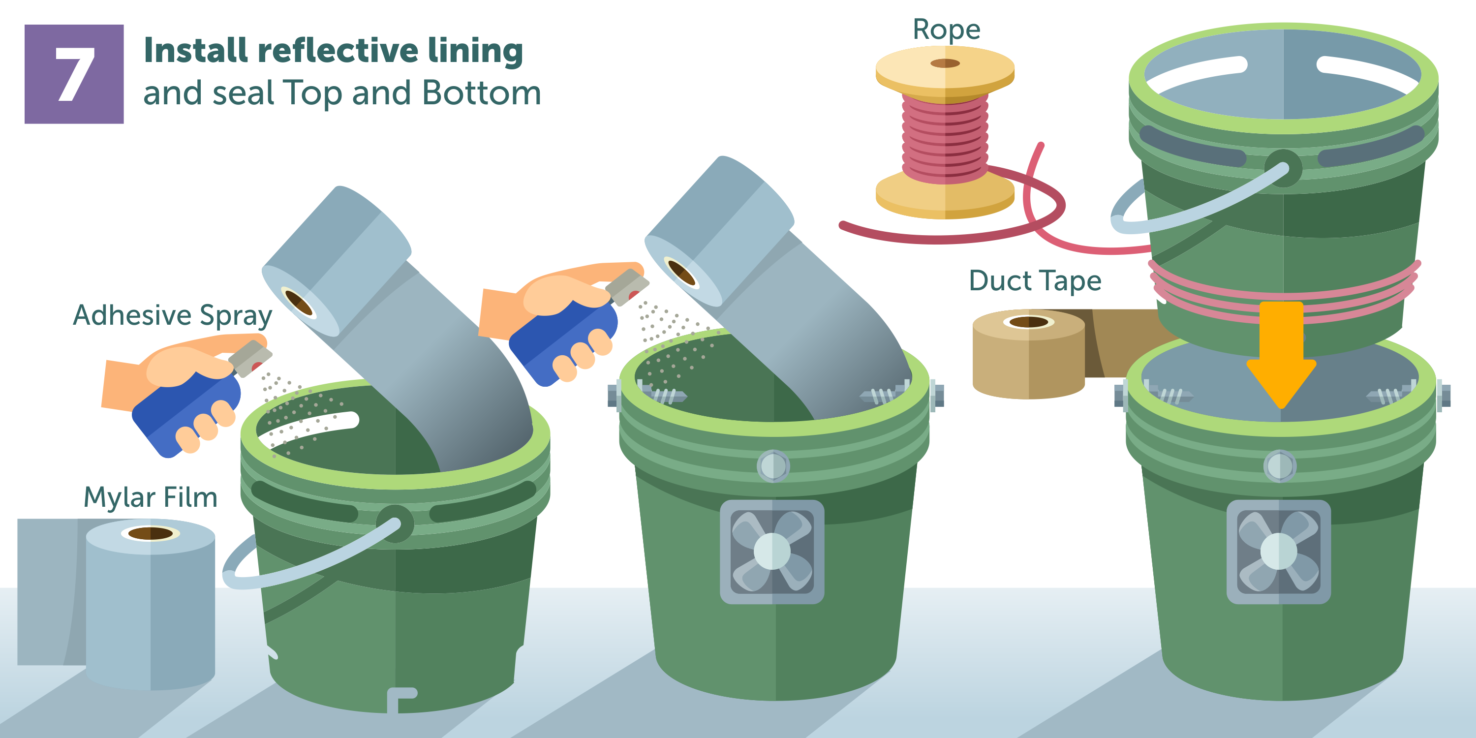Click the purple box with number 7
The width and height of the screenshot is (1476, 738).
(74, 74)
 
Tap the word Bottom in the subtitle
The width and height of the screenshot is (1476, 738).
(481, 93)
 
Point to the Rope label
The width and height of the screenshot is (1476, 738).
(946, 30)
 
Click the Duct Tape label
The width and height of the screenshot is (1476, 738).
(1035, 281)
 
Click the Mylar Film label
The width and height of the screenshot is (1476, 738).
(150, 497)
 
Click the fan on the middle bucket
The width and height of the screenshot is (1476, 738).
(772, 551)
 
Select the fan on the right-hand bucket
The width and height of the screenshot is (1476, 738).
(1278, 551)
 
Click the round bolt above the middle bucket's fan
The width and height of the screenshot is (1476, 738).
(773, 466)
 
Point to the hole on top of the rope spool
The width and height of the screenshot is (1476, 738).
(945, 63)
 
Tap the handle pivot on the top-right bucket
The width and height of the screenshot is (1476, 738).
(1283, 168)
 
